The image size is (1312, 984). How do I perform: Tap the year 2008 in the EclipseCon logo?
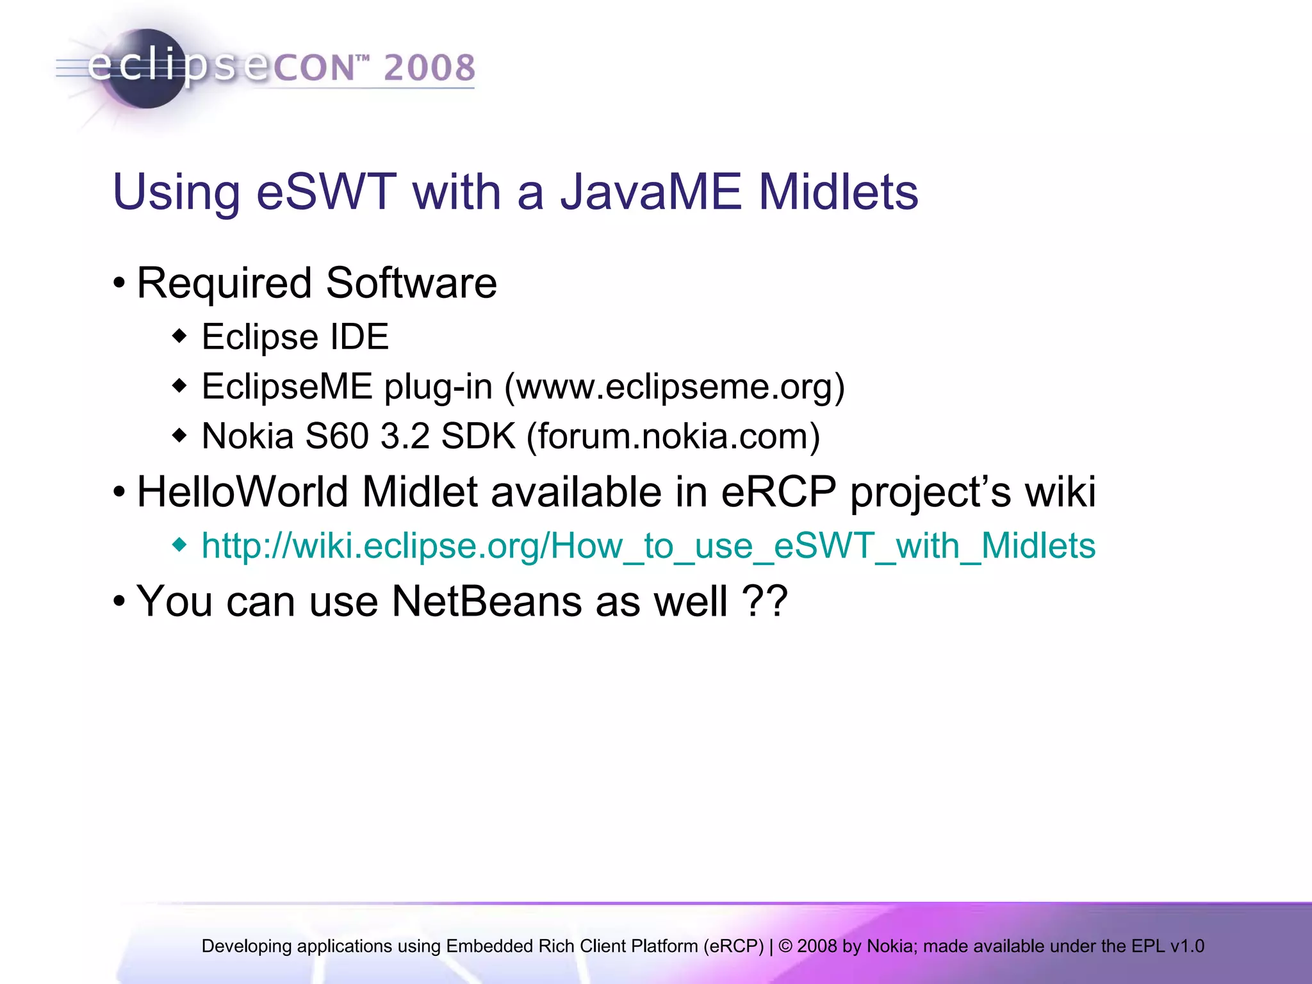[429, 68]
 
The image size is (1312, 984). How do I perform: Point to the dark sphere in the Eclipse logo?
[146, 69]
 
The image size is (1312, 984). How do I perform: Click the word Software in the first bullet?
[411, 283]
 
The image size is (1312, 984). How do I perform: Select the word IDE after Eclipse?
[359, 337]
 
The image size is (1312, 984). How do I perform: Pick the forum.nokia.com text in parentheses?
[673, 436]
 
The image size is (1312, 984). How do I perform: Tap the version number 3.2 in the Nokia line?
[404, 436]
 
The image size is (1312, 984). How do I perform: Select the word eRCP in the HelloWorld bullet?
[778, 492]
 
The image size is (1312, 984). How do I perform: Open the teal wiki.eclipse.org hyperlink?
[648, 546]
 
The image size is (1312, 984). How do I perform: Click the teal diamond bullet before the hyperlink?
[180, 545]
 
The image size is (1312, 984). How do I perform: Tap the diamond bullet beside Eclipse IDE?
[180, 336]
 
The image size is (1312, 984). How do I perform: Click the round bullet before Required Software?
[119, 283]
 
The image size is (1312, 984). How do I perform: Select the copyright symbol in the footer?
[785, 946]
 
